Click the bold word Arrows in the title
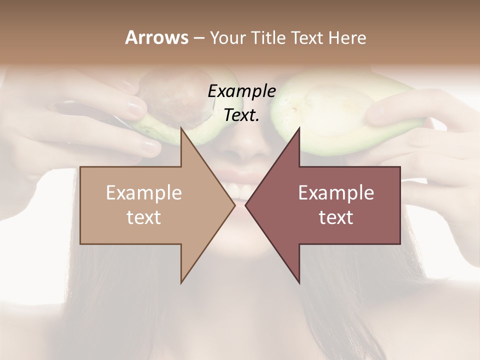pos(156,37)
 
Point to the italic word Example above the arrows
pos(241,91)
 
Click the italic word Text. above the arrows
pos(241,115)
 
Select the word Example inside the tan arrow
pos(144,193)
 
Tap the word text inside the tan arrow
pos(144,217)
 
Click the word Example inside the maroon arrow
pos(336,193)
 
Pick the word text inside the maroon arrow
pos(336,217)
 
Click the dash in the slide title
pos(198,38)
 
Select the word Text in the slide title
pos(308,37)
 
